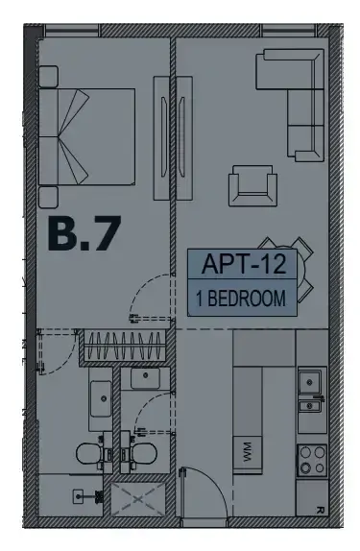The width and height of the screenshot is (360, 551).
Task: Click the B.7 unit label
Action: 84,233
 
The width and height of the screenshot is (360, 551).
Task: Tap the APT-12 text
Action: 244,264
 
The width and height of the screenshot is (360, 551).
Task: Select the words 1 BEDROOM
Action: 241,299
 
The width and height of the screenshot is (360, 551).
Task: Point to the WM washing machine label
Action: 247,452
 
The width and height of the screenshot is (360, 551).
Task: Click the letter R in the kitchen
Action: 320,509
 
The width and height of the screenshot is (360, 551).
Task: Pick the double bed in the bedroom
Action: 86,136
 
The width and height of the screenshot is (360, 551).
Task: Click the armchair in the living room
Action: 252,185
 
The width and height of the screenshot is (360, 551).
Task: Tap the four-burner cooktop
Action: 312,460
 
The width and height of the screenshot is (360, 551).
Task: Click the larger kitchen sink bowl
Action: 310,382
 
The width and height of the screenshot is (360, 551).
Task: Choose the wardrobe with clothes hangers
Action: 125,347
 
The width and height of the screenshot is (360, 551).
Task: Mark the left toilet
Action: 90,453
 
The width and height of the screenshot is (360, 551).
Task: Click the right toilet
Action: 143,453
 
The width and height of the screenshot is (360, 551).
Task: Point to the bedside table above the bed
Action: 48,76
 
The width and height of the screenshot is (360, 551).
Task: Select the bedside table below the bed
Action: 48,197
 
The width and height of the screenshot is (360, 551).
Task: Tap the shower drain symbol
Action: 79,496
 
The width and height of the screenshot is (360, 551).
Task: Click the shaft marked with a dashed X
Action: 137,499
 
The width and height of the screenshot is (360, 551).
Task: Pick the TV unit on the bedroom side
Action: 161,138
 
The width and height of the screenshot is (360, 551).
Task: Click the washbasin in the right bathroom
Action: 146,378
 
